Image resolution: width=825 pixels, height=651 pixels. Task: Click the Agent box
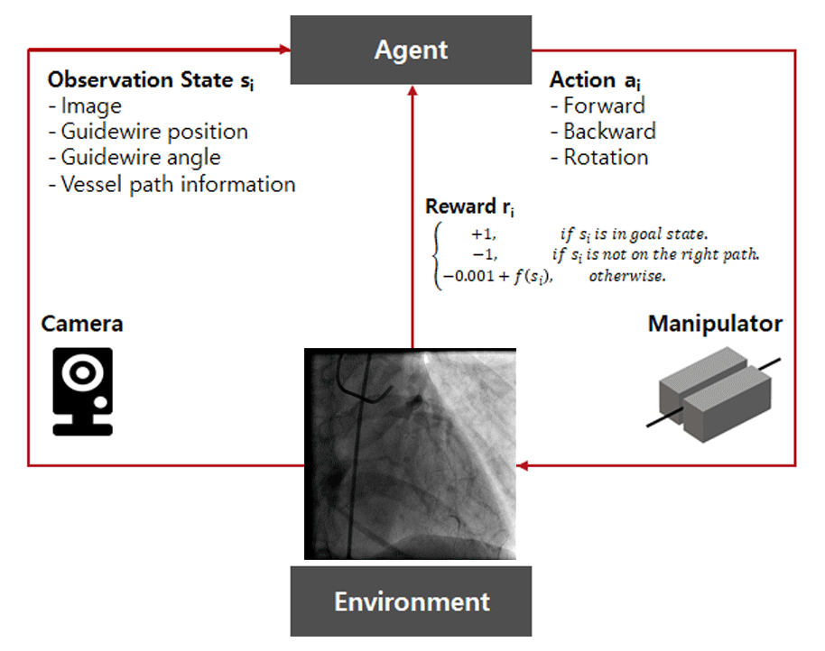[411, 50]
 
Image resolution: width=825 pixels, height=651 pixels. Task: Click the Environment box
[411, 601]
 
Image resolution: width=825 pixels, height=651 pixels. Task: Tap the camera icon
[82, 391]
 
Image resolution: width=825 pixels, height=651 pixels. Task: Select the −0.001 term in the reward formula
[464, 278]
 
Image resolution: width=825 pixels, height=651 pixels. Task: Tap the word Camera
[82, 324]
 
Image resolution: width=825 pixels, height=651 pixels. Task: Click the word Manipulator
[715, 324]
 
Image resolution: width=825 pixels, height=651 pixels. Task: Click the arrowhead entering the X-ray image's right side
[523, 466]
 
